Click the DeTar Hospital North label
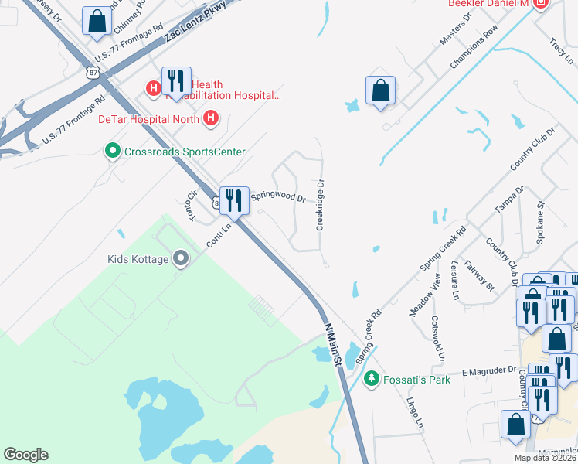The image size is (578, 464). [148, 119]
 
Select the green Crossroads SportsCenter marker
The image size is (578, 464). [112, 151]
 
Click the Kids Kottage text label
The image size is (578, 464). [138, 258]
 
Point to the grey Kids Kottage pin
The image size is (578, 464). [181, 258]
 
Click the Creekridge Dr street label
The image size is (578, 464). [320, 206]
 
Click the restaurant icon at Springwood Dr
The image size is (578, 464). [233, 201]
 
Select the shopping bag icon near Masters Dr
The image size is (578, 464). [380, 91]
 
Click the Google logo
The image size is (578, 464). [25, 455]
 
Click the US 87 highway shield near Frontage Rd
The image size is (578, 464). [93, 71]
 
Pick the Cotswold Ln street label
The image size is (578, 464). [438, 339]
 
